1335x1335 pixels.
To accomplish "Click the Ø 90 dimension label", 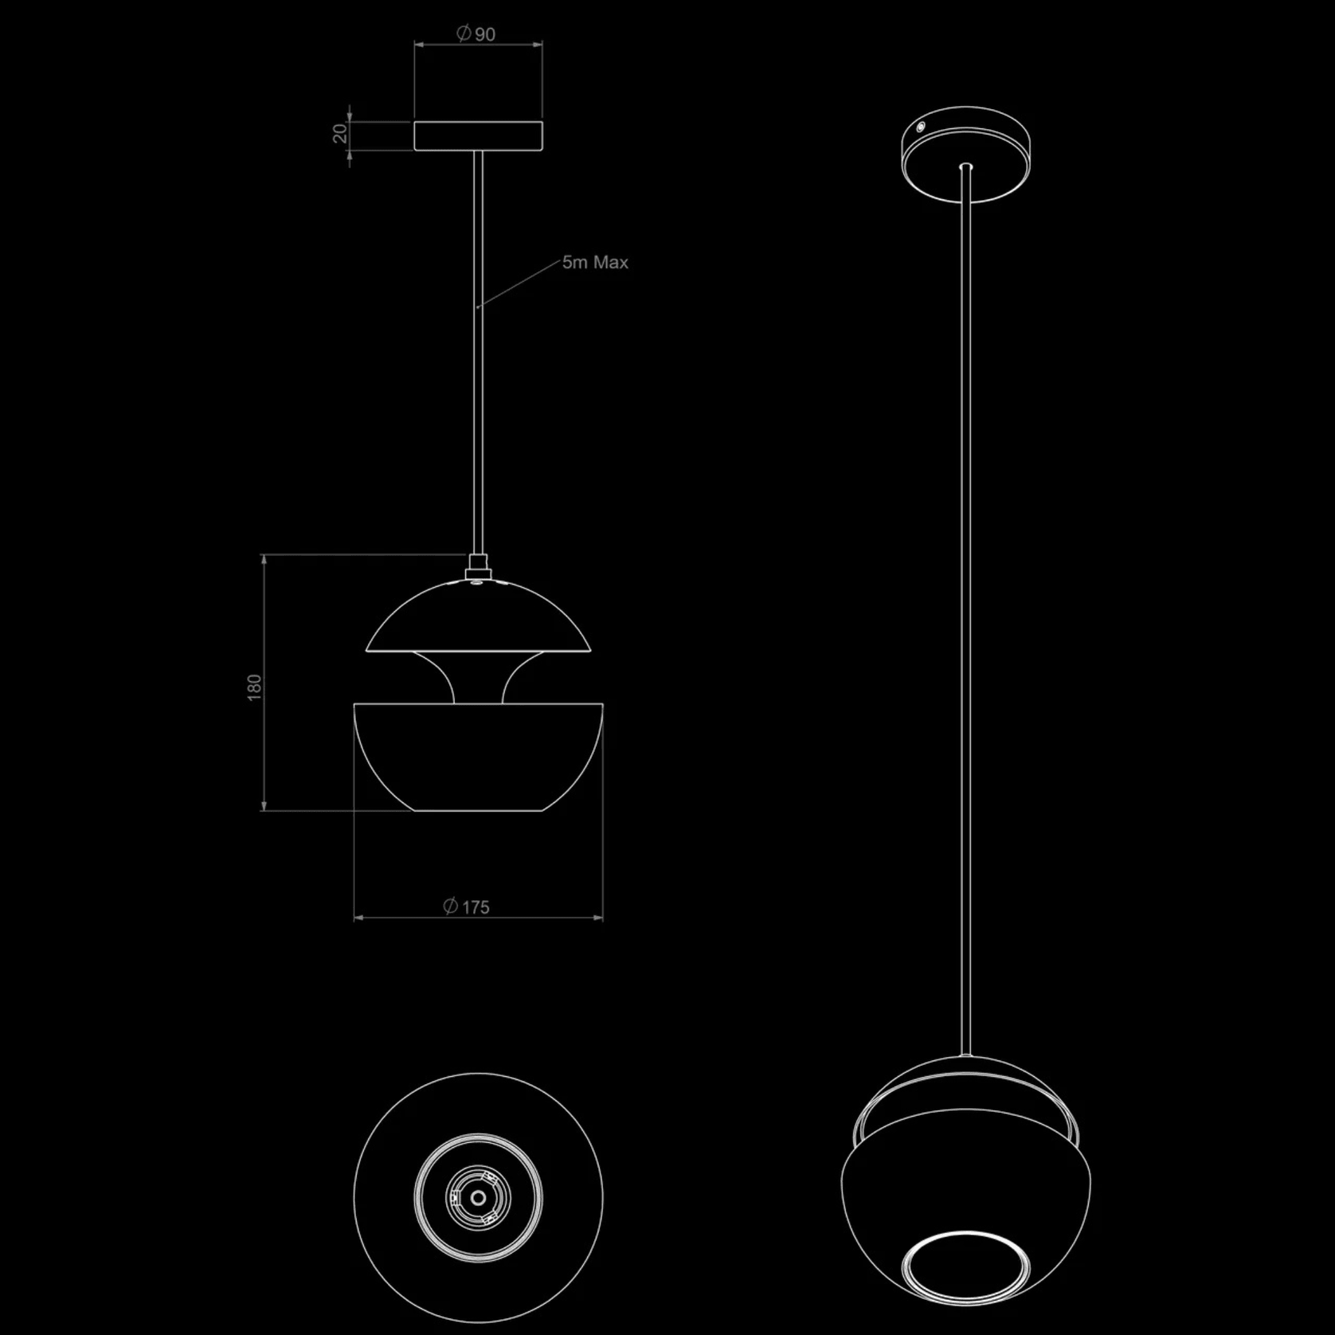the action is click(476, 33).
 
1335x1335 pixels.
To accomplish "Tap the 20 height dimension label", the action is click(341, 134).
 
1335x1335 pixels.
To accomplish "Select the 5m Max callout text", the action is click(595, 262).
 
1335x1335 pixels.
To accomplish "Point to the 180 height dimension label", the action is click(254, 687).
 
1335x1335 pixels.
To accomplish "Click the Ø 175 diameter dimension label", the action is click(466, 906).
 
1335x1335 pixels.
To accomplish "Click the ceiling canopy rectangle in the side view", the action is click(478, 135).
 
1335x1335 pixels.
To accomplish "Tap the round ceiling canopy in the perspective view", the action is click(965, 155).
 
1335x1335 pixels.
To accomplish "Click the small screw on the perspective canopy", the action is click(920, 127).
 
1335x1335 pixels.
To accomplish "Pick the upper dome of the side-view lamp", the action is click(478, 617).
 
